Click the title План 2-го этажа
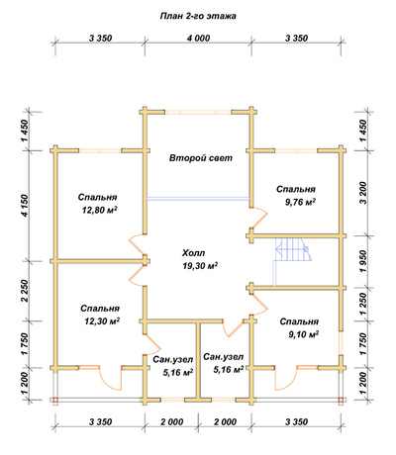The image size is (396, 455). [198, 16]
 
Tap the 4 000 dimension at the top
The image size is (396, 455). [198, 39]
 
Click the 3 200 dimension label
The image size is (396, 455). [363, 193]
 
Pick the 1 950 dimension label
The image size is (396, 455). [363, 261]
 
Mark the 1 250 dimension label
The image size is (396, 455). [363, 304]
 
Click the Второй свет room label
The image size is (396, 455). [201, 158]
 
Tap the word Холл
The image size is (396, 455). [193, 253]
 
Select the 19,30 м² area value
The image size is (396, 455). [200, 266]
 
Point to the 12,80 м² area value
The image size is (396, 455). [100, 210]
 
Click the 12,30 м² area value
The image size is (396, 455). [102, 321]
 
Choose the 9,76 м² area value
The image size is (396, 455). [300, 202]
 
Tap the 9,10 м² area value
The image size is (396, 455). [303, 334]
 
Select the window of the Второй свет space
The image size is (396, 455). [198, 112]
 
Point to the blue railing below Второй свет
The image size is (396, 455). [198, 199]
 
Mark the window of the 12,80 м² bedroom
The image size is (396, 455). [100, 150]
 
